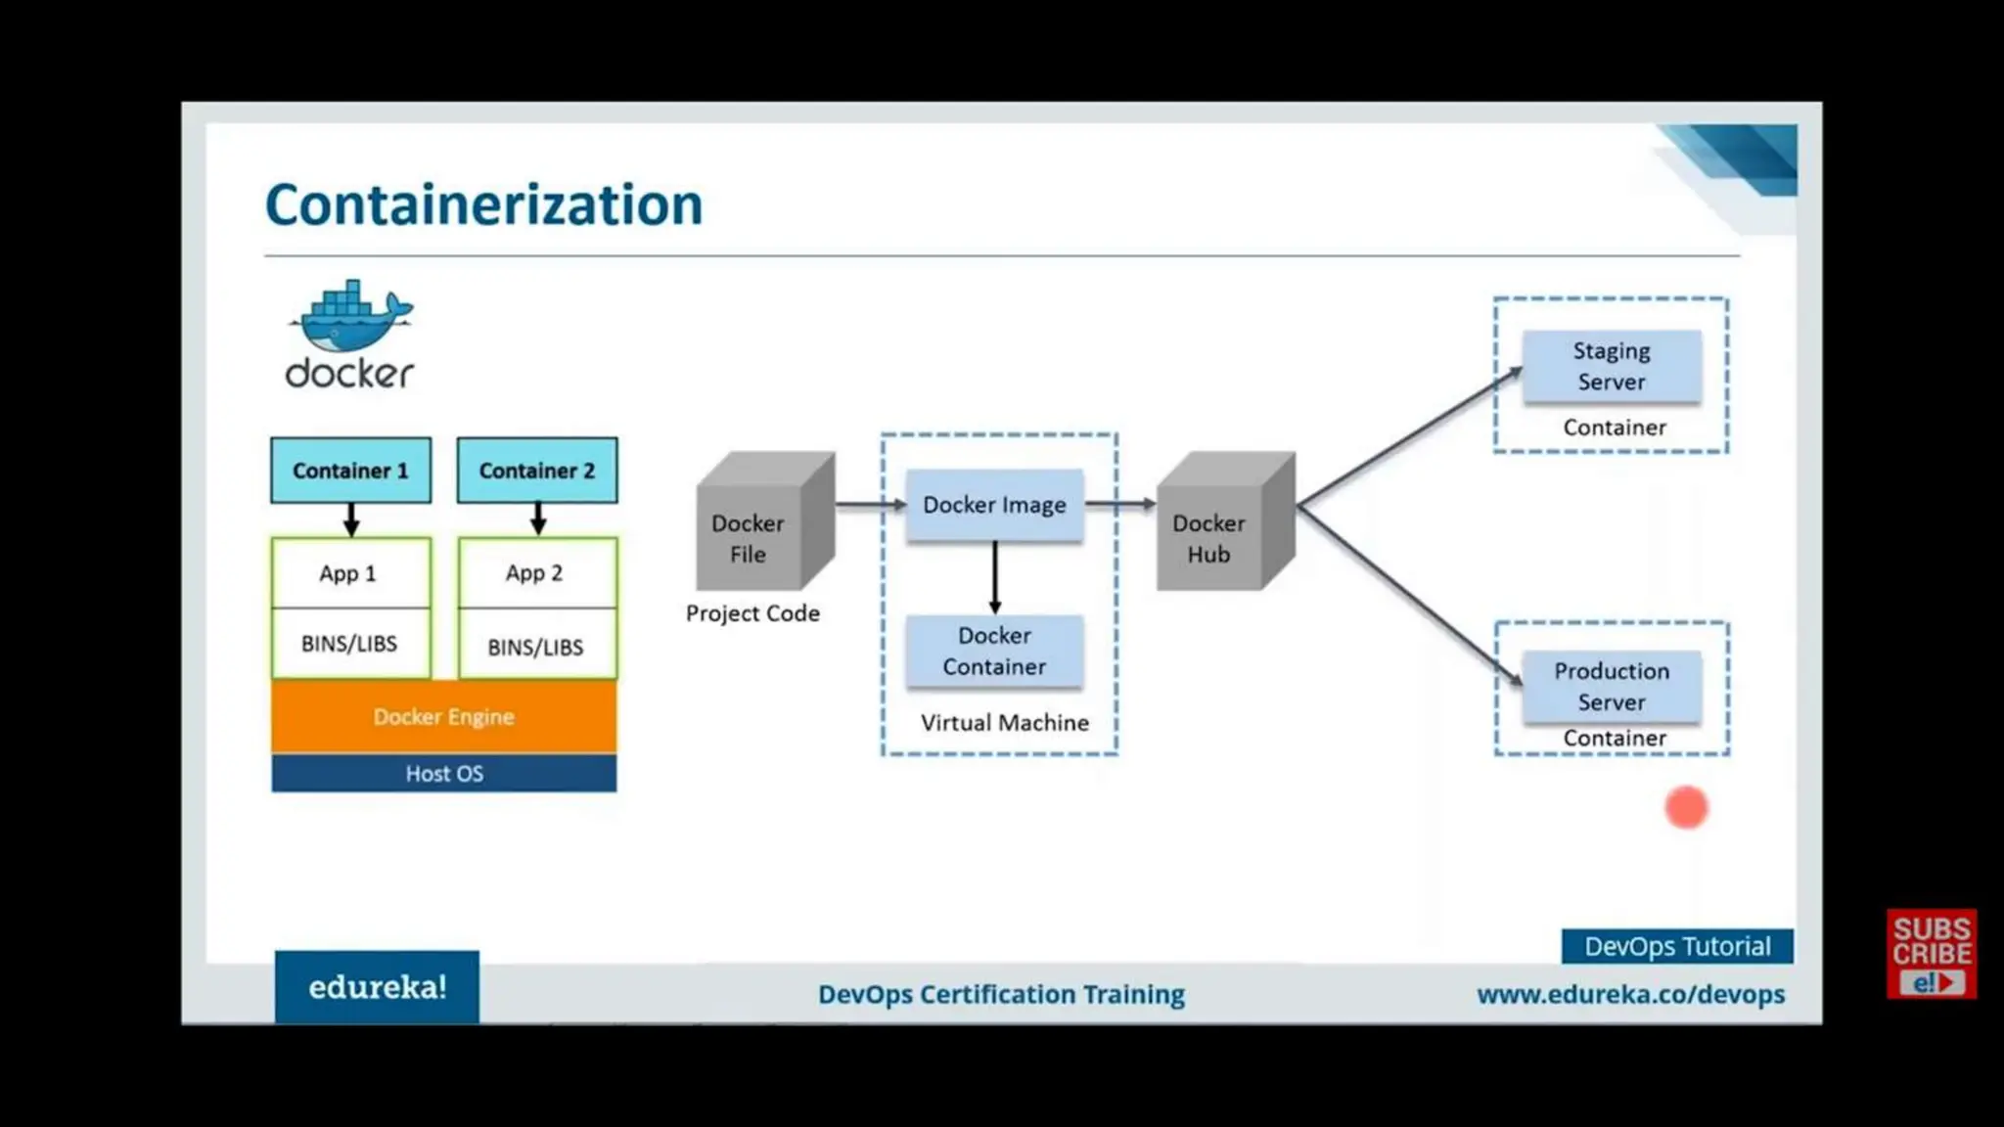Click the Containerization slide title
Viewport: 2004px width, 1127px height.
pos(483,204)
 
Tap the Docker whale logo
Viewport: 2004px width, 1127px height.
pos(350,318)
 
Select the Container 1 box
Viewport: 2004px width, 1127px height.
pos(350,471)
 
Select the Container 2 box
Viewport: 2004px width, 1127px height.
pos(537,471)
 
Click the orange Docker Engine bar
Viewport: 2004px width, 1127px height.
pos(443,717)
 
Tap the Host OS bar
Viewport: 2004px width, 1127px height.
pos(443,774)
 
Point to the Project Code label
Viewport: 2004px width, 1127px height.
pos(752,613)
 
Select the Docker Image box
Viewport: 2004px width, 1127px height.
pos(994,505)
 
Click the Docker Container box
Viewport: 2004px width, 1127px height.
pos(994,652)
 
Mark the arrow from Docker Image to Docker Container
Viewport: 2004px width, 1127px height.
pos(994,577)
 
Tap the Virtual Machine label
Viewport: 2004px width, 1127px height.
pos(1004,723)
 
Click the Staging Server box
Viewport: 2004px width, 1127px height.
pos(1612,367)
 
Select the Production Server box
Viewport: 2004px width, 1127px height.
pos(1612,687)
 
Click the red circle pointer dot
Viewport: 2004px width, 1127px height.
pos(1686,808)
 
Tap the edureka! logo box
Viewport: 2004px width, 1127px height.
pos(377,987)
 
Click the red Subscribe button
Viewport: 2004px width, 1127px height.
pos(1931,954)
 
